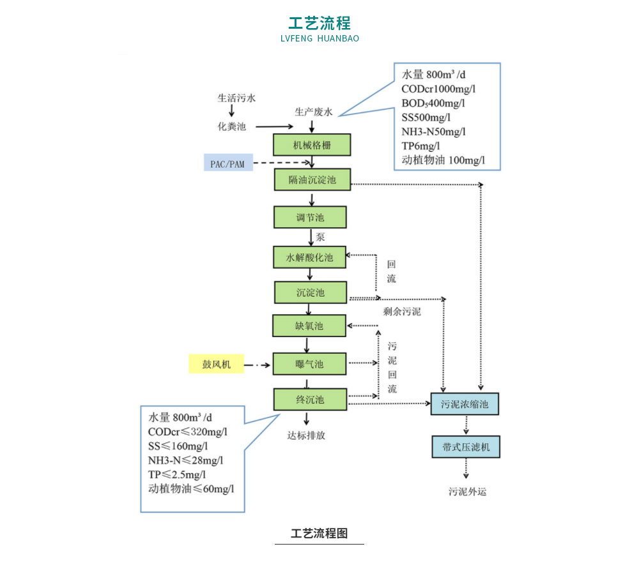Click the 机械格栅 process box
click(x=312, y=144)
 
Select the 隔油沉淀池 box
click(x=312, y=180)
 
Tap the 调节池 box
click(x=310, y=217)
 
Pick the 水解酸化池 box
click(x=310, y=258)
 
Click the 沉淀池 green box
click(x=311, y=292)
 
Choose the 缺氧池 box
click(x=309, y=326)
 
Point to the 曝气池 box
click(x=309, y=364)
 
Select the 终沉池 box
click(x=310, y=400)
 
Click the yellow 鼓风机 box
click(x=216, y=365)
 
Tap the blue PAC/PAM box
click(x=227, y=164)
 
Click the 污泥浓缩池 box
click(x=465, y=404)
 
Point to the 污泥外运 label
click(x=468, y=492)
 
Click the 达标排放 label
click(x=306, y=435)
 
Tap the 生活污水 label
click(x=236, y=98)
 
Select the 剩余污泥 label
click(x=402, y=312)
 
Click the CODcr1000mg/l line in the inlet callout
click(x=438, y=89)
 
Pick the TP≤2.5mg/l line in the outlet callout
click(x=177, y=474)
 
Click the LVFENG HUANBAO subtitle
click(x=319, y=38)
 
